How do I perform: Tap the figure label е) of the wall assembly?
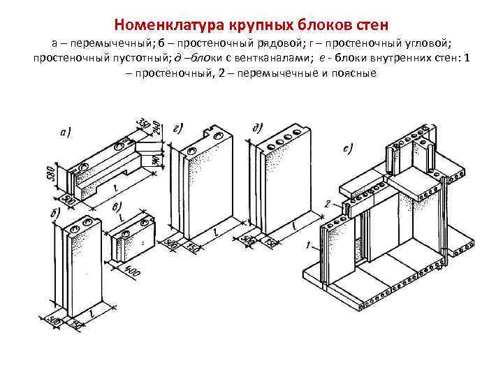347,147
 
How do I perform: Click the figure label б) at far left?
55,212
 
